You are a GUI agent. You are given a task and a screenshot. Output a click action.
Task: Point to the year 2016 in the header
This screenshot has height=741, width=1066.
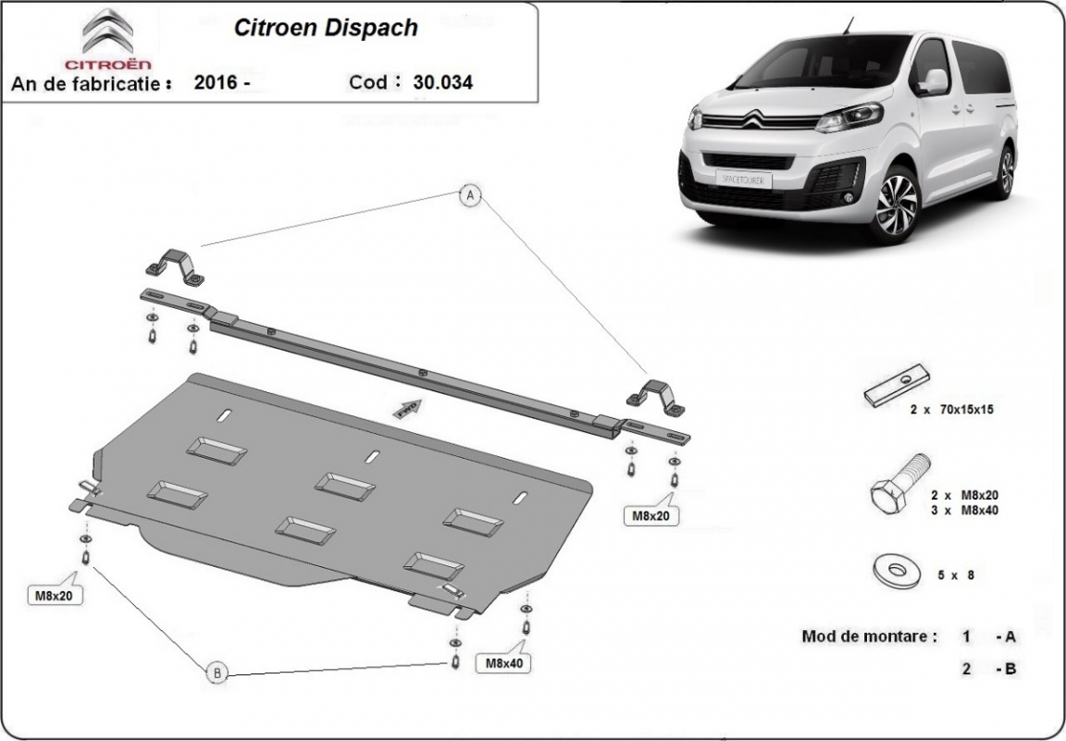(x=215, y=82)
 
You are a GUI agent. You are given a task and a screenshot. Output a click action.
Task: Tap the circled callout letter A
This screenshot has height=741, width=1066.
(x=471, y=195)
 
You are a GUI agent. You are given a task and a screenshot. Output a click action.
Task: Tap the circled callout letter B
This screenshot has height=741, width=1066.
(x=217, y=673)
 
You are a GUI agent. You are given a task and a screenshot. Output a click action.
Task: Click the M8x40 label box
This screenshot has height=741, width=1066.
(x=503, y=662)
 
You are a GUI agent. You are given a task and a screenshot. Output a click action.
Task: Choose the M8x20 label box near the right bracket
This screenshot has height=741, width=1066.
(x=651, y=516)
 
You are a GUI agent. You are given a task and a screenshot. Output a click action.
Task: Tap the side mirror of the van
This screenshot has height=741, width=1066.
(x=933, y=80)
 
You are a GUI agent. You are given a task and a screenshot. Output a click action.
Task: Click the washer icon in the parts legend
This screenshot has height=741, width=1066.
(x=894, y=567)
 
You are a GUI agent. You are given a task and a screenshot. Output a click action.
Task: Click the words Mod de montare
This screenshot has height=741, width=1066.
(x=869, y=636)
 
